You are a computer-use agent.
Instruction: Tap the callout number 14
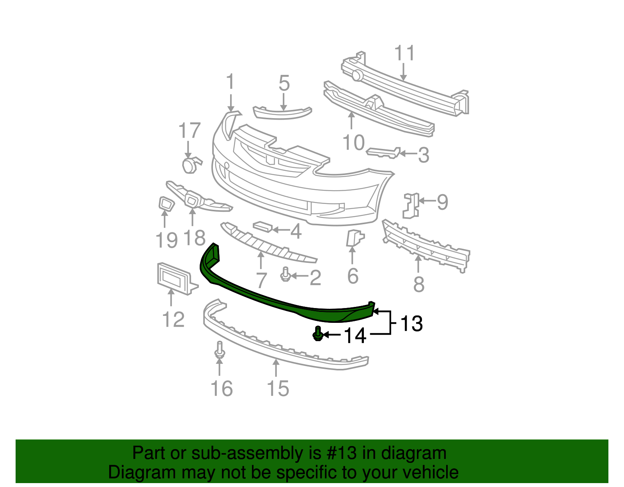click(355, 336)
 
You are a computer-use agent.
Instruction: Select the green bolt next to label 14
click(317, 334)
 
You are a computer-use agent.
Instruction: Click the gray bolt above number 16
click(220, 350)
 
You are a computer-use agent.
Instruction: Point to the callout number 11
click(404, 53)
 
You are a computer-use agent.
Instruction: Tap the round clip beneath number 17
click(190, 165)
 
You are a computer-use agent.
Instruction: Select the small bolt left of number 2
click(285, 274)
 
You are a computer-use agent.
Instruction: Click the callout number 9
click(442, 202)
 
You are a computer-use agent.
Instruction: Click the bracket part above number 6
click(354, 238)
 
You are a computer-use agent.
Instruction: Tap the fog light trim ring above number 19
click(166, 204)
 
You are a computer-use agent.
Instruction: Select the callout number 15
click(278, 388)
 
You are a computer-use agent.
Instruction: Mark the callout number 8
click(418, 284)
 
